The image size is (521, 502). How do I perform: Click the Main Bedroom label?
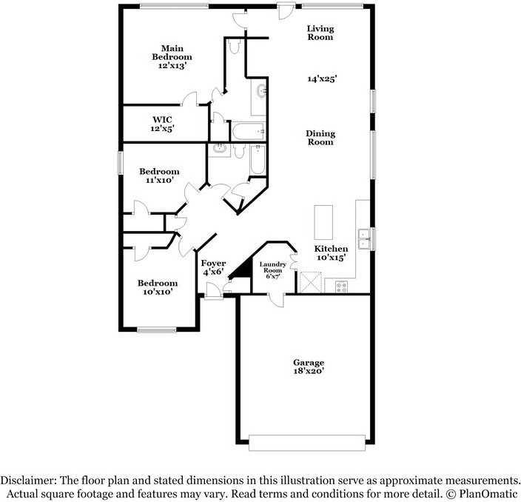172,57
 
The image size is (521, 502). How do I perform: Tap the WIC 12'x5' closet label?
163,123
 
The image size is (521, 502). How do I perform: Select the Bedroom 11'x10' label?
159,175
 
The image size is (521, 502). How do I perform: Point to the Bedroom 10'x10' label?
158,287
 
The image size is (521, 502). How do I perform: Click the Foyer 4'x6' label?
213,267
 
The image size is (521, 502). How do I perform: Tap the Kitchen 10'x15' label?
331,252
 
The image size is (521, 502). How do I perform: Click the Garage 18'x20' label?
309,367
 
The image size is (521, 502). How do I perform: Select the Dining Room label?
320,138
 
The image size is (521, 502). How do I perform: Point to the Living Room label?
320,33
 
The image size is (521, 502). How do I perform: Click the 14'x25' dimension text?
323,78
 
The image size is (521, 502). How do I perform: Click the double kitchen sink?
364,238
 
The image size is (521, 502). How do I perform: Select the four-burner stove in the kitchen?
342,286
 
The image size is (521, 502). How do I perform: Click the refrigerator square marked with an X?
310,282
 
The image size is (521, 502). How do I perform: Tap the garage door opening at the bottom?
307,442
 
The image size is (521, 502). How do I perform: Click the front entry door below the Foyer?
213,297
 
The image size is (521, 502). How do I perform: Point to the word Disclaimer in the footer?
29,480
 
